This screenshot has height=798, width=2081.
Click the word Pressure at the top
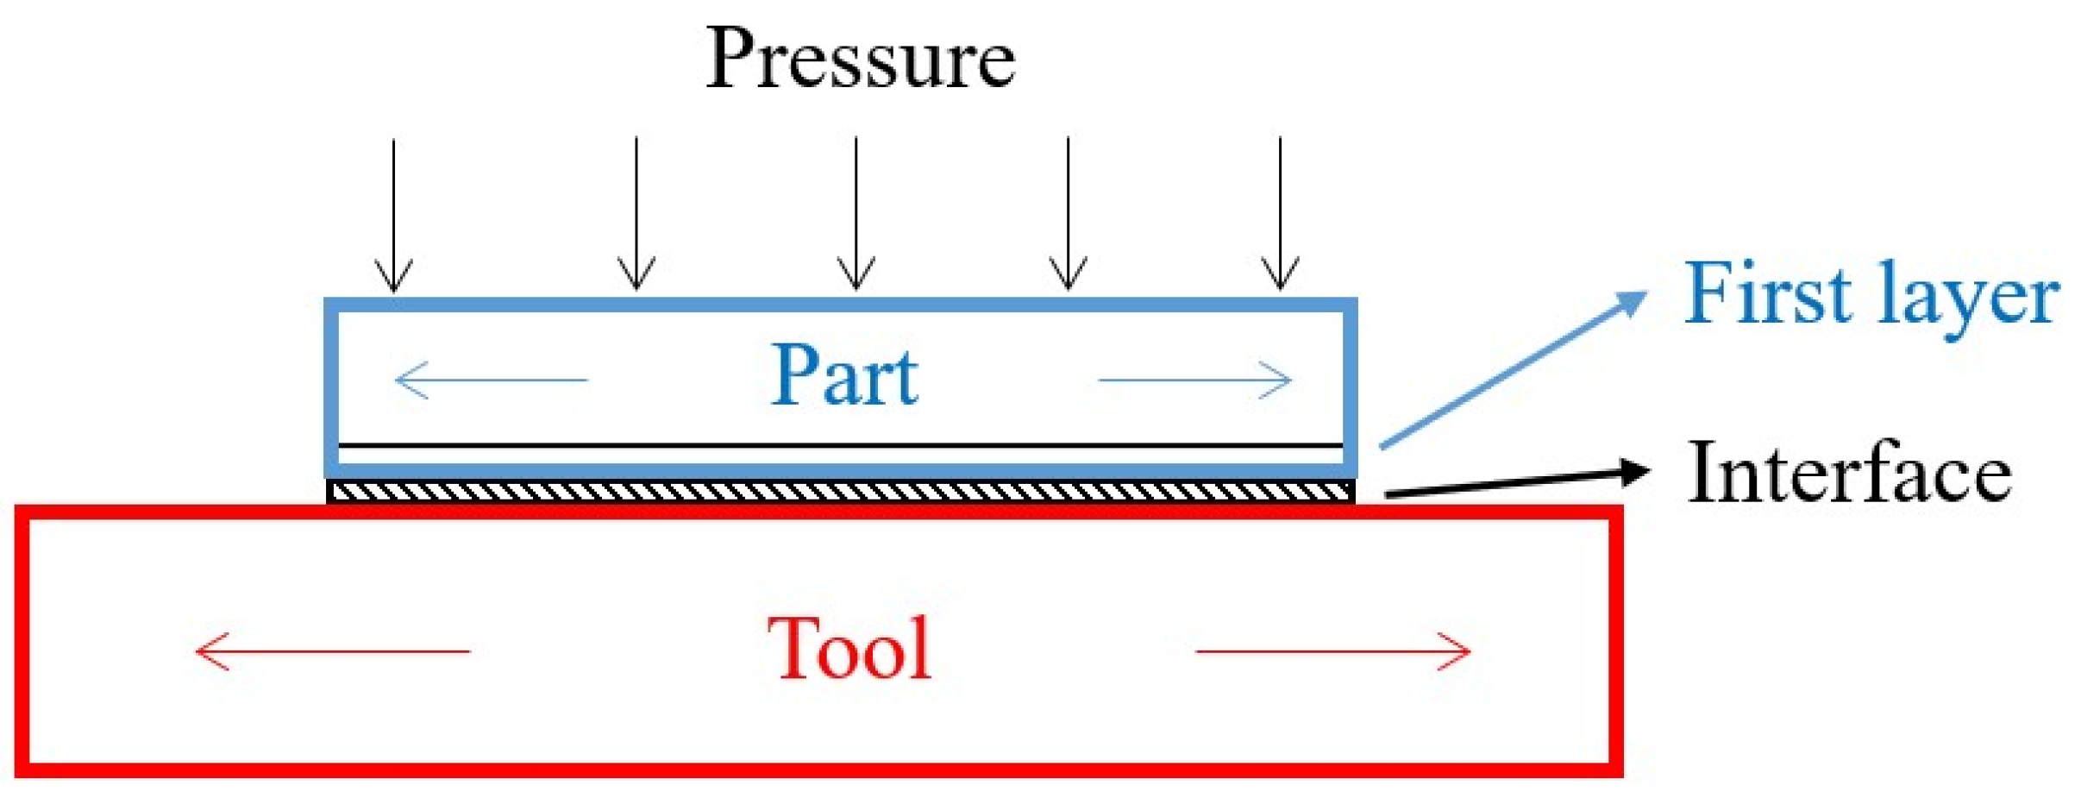click(860, 59)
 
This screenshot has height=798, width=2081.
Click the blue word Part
click(844, 376)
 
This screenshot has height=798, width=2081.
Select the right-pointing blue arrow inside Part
click(1195, 380)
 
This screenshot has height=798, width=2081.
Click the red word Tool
click(849, 649)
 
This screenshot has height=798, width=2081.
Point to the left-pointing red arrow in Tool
click(332, 651)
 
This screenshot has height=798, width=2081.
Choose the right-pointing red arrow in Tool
click(1333, 651)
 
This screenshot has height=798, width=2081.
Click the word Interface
click(1849, 473)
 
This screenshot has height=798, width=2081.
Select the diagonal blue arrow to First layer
click(1509, 371)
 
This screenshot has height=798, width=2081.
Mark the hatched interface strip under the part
click(841, 492)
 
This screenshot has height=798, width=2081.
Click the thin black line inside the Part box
click(841, 445)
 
